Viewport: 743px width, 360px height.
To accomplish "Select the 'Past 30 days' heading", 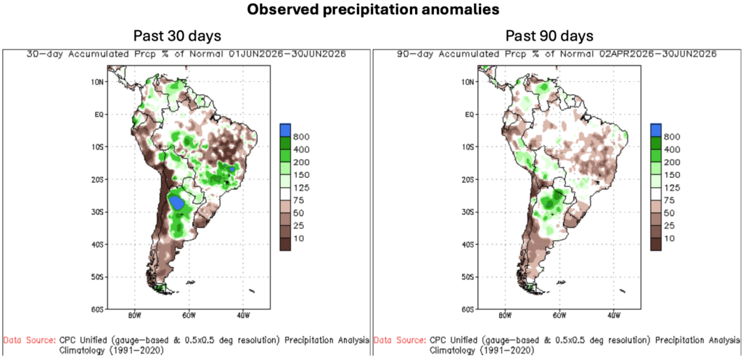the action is pyautogui.click(x=177, y=36).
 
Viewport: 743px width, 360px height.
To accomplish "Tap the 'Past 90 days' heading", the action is pyautogui.click(x=549, y=36).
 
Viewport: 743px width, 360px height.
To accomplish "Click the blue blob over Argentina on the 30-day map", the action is pyautogui.click(x=177, y=202).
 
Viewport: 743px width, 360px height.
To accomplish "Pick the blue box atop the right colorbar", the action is pyautogui.click(x=656, y=129).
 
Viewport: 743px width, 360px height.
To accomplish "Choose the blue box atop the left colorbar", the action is pyautogui.click(x=285, y=129).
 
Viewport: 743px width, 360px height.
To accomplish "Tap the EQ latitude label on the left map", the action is pyautogui.click(x=99, y=114).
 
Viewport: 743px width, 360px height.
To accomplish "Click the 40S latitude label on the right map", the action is pyautogui.click(x=469, y=245).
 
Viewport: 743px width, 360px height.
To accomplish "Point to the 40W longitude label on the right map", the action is pyautogui.click(x=613, y=315).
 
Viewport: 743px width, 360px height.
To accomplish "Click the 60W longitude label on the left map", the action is pyautogui.click(x=189, y=315).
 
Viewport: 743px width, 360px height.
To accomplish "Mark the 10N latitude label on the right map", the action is pyautogui.click(x=469, y=82).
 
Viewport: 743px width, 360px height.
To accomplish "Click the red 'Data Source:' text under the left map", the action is pyautogui.click(x=30, y=340).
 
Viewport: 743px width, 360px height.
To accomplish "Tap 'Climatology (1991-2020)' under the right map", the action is pyautogui.click(x=482, y=351).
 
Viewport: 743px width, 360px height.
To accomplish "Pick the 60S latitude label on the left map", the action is pyautogui.click(x=98, y=309).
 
